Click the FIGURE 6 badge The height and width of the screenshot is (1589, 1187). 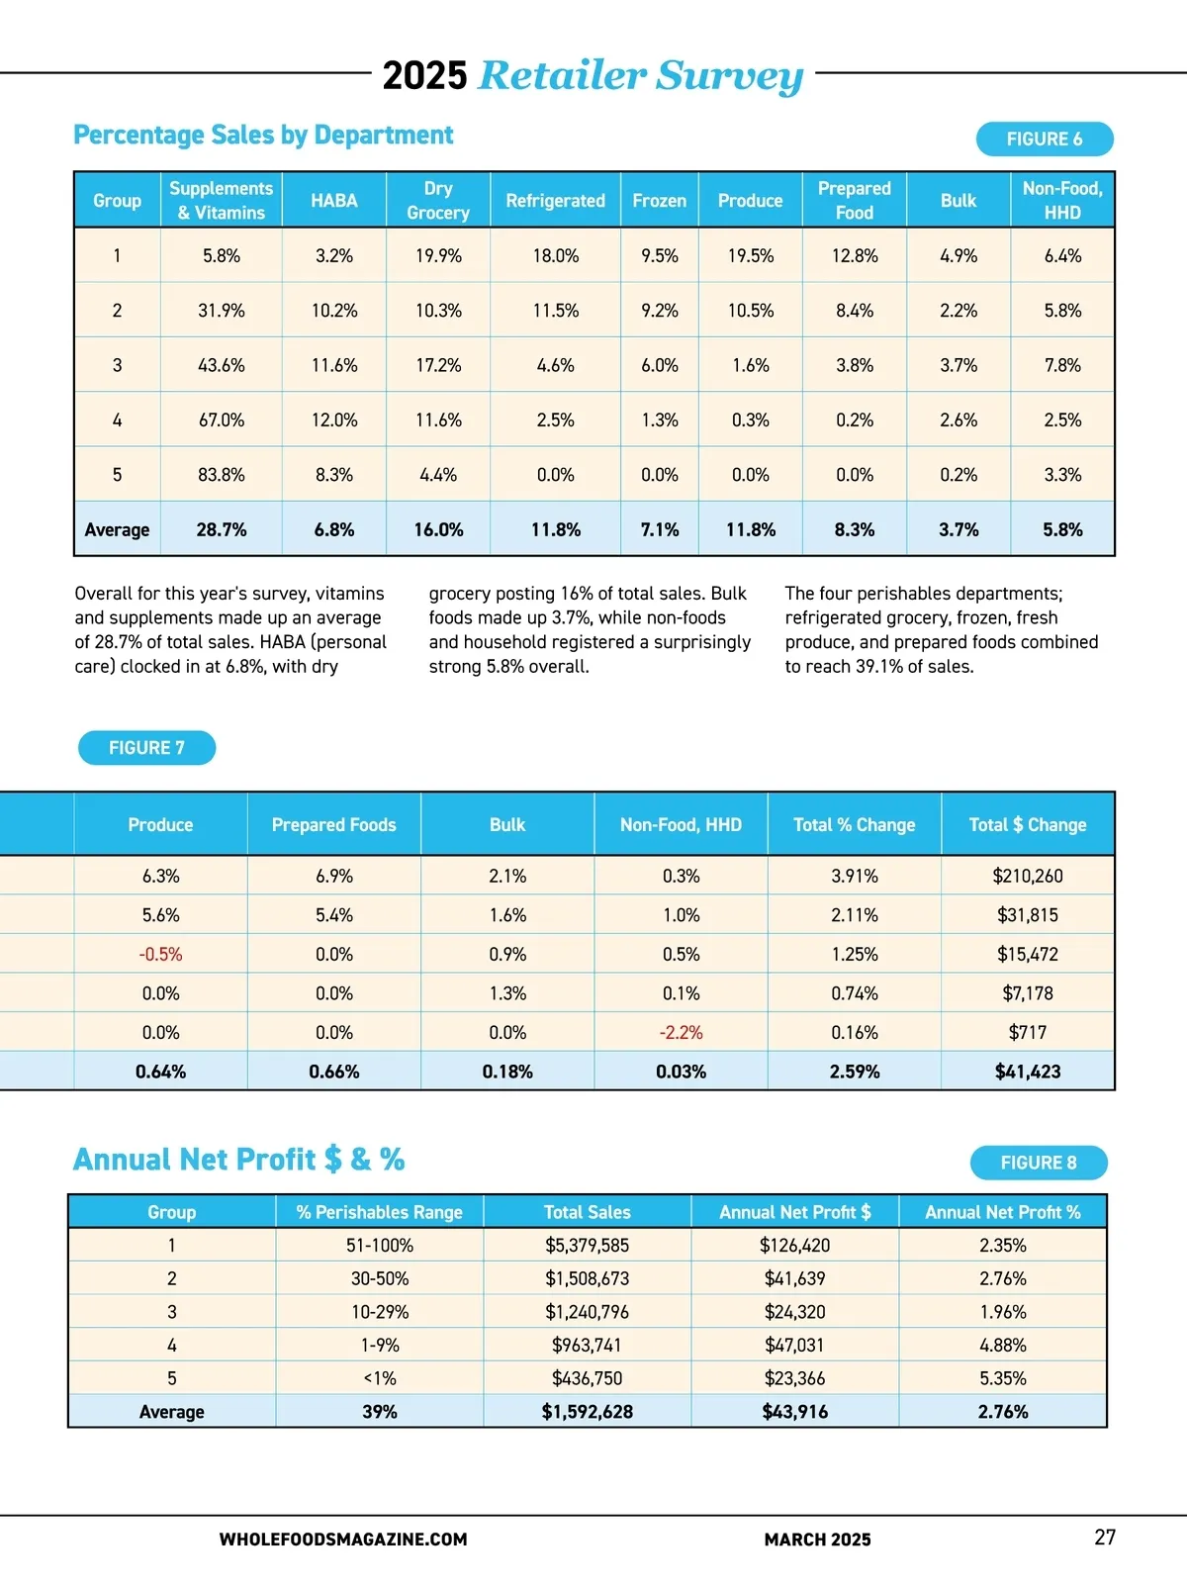click(x=1044, y=140)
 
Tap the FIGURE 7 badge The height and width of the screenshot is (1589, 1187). click(x=146, y=748)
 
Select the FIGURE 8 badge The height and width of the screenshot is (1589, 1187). click(x=1038, y=1163)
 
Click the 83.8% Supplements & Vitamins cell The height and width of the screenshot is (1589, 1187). click(x=222, y=475)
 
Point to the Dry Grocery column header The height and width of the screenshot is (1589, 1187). click(x=438, y=200)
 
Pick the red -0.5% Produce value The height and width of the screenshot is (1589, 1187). click(x=160, y=955)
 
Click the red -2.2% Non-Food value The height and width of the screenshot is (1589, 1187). click(x=681, y=1033)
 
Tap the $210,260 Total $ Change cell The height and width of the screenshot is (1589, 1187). click(x=1027, y=876)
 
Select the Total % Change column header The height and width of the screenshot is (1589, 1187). click(x=854, y=824)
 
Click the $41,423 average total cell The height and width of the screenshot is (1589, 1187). click(x=1027, y=1072)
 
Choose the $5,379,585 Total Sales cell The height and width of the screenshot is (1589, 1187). click(x=587, y=1246)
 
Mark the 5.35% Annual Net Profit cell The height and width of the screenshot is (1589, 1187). click(x=1002, y=1378)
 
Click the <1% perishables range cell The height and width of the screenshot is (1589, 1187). click(x=379, y=1378)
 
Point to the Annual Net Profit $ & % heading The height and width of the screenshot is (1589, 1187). click(x=238, y=1160)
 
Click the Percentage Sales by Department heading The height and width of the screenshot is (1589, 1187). click(x=263, y=136)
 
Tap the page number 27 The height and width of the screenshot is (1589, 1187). click(x=1104, y=1538)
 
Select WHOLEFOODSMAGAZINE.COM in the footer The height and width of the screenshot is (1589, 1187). click(x=342, y=1540)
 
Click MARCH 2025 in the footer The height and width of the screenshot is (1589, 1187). click(x=817, y=1540)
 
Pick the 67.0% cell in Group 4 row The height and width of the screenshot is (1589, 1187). click(x=222, y=421)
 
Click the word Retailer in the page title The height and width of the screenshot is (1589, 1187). click(x=562, y=75)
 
